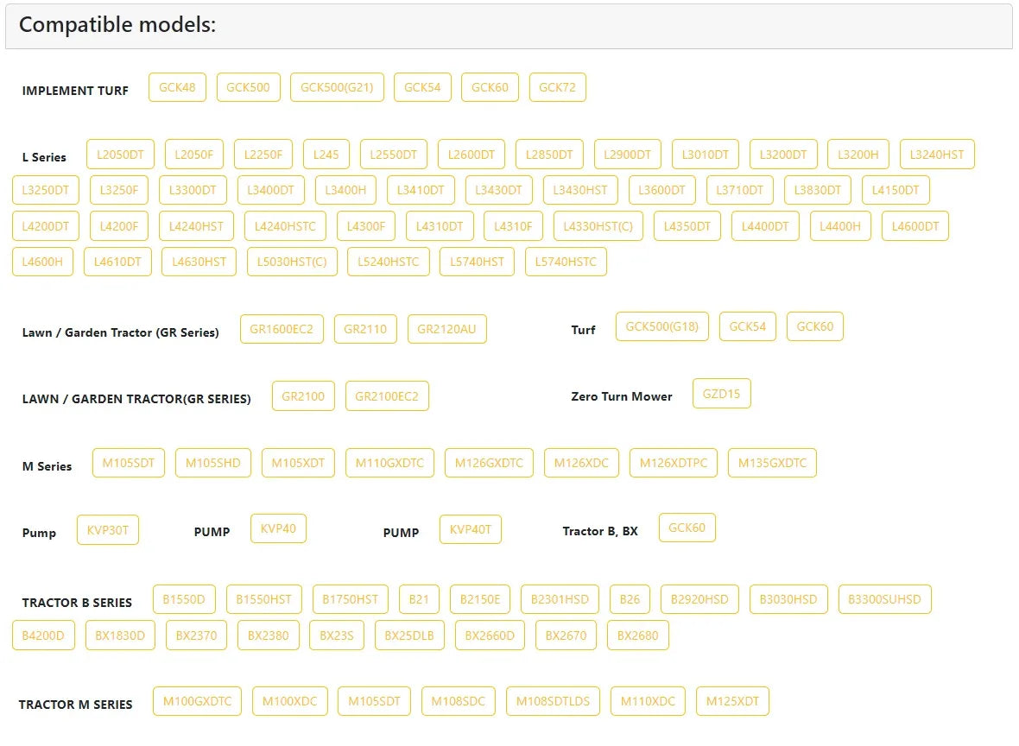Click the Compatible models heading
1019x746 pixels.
(x=117, y=25)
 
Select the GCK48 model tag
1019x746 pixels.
(x=177, y=87)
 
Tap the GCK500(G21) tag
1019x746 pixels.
(x=337, y=87)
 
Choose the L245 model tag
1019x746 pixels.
(x=326, y=155)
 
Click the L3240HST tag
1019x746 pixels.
(x=937, y=155)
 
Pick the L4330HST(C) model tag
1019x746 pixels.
(x=598, y=226)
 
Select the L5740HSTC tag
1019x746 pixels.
(x=566, y=262)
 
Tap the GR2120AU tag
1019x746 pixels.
(x=446, y=329)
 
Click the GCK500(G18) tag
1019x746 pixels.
(x=661, y=326)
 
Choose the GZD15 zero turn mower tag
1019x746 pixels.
(x=721, y=394)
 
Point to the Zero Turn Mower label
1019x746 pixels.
(x=621, y=396)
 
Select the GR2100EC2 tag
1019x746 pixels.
(x=387, y=396)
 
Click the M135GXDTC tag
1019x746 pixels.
(x=772, y=464)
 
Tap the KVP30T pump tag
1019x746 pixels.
(x=108, y=530)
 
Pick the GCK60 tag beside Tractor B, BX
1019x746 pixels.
(x=687, y=528)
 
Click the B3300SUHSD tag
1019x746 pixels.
(x=884, y=599)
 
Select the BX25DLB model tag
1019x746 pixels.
(x=409, y=635)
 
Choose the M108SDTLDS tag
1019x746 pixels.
(x=553, y=702)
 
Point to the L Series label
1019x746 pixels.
(x=44, y=157)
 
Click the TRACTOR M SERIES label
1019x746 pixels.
(x=75, y=705)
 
